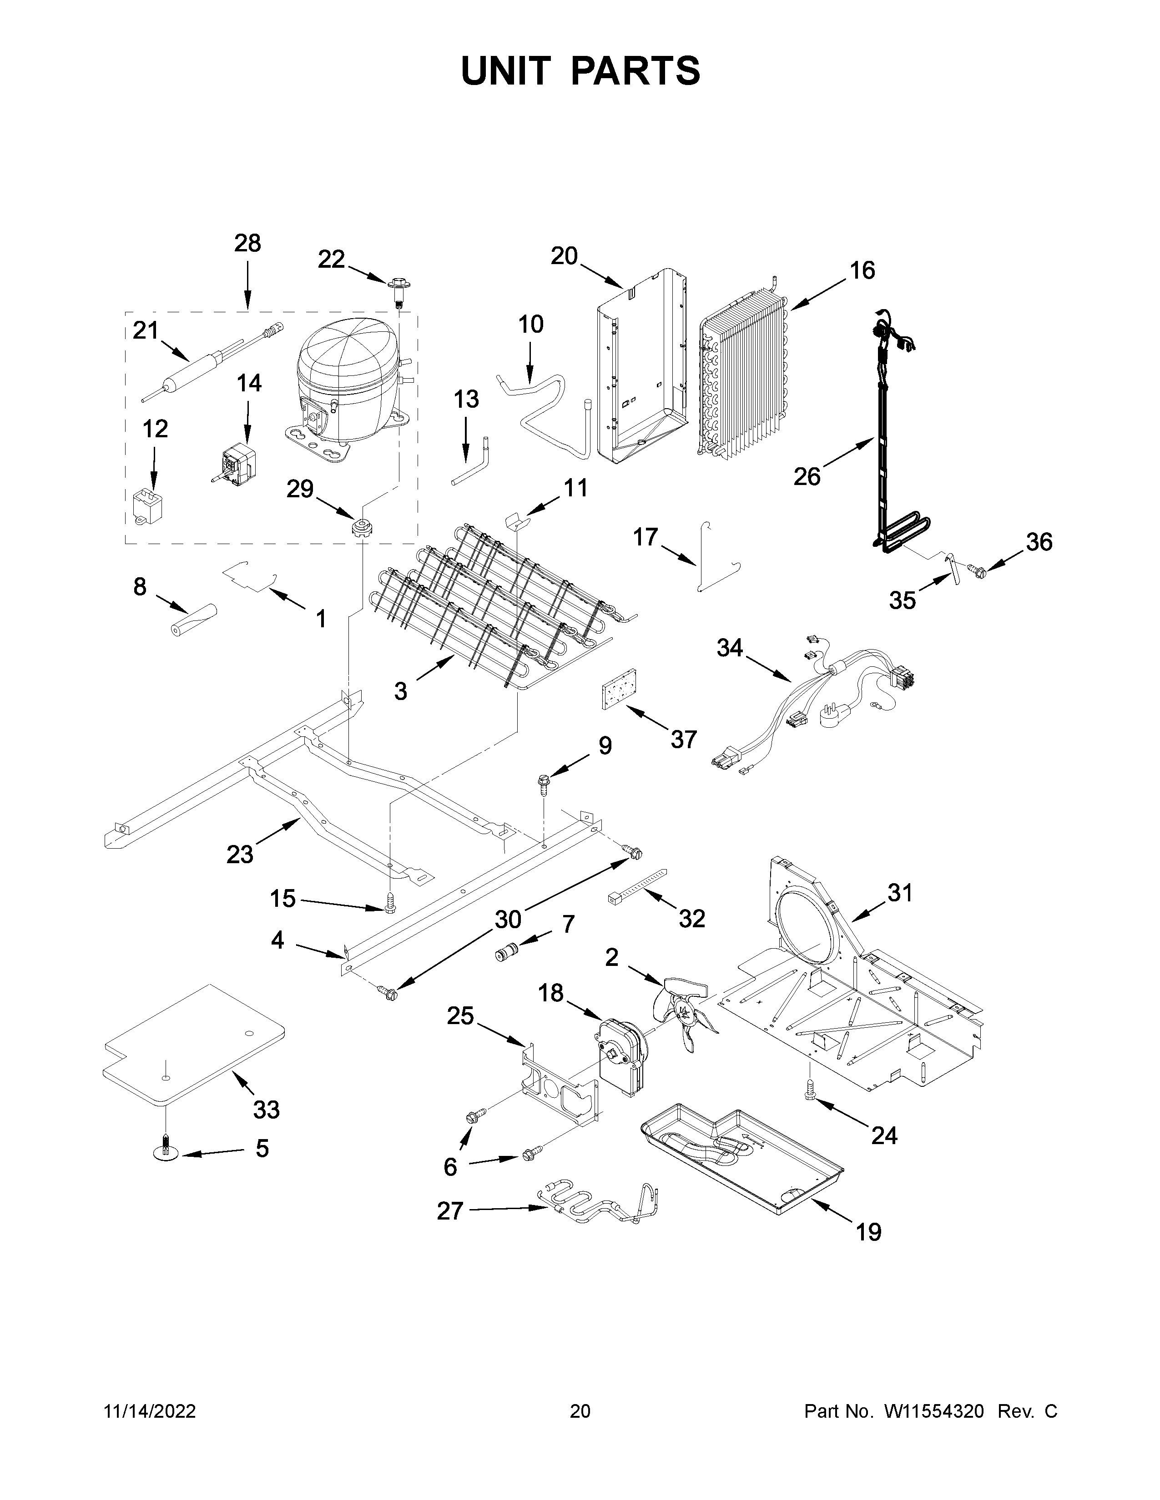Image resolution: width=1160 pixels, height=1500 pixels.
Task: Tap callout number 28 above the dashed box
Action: pos(247,243)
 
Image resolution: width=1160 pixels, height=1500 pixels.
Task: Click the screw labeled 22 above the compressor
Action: pos(397,289)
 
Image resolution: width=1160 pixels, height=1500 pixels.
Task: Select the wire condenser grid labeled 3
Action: pos(502,598)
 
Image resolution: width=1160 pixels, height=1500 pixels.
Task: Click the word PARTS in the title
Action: pos(635,71)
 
